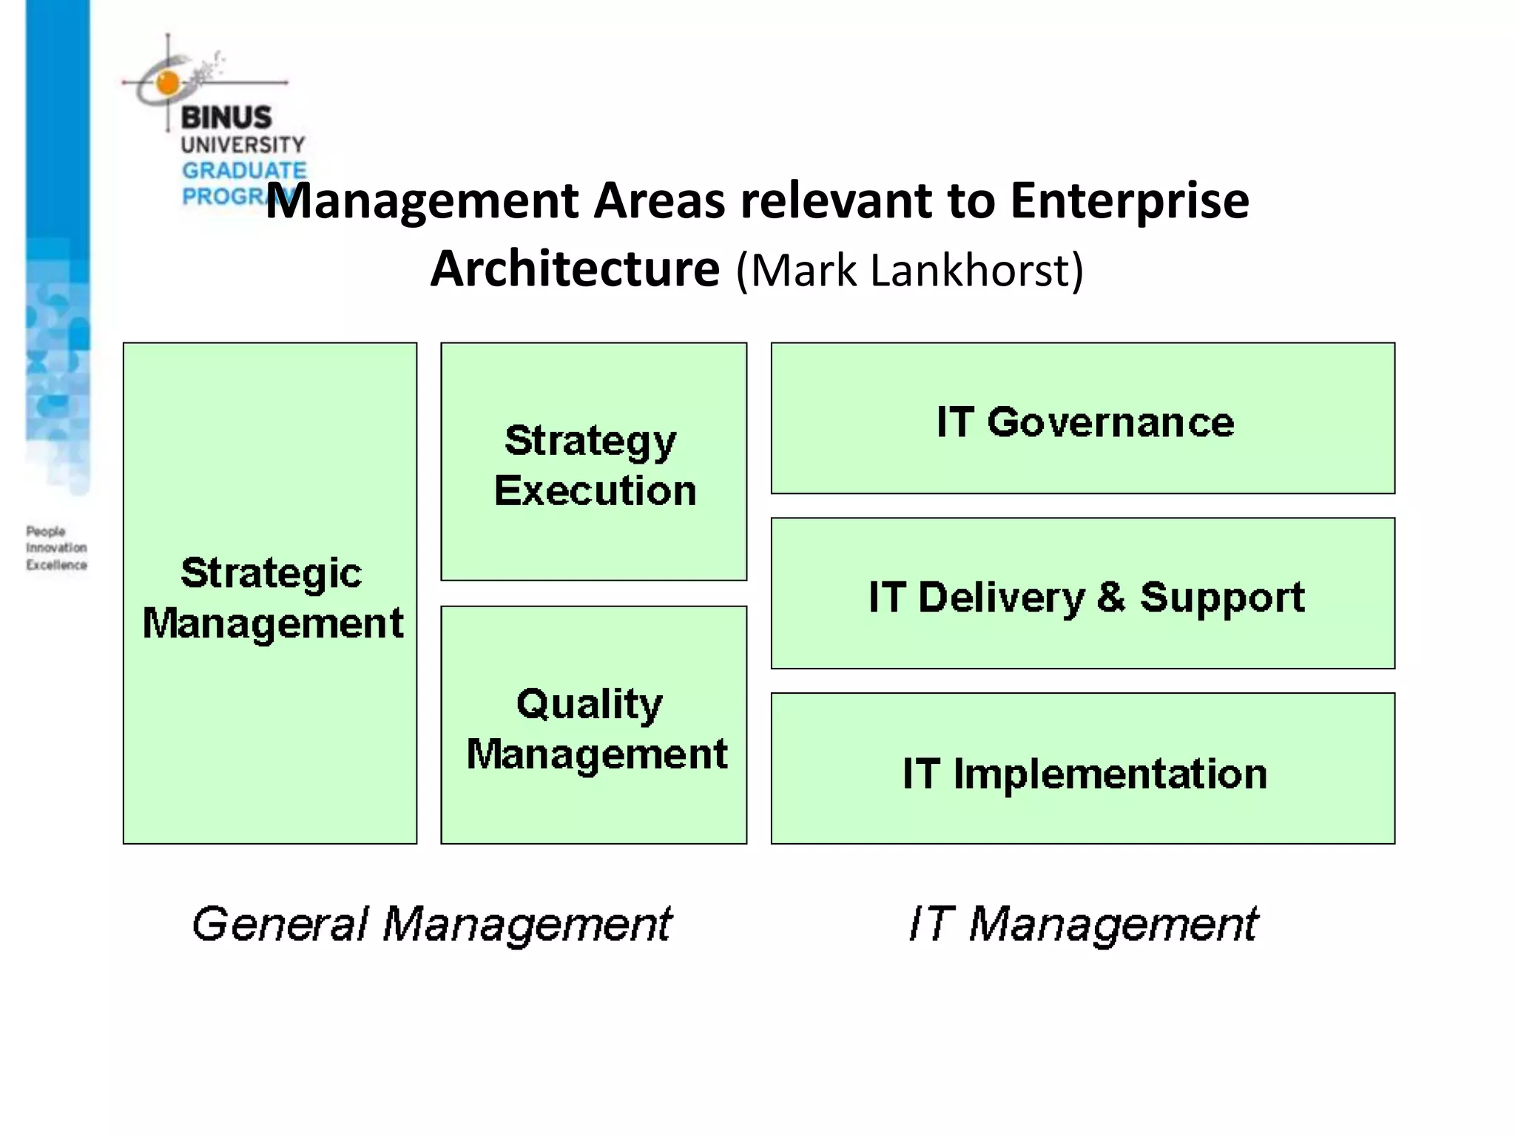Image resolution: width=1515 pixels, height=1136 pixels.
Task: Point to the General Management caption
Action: (x=432, y=924)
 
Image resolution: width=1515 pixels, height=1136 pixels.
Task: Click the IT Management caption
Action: (x=1083, y=924)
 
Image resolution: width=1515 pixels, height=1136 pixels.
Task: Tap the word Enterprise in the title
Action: (x=1129, y=201)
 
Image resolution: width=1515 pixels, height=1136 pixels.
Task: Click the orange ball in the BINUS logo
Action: (x=168, y=83)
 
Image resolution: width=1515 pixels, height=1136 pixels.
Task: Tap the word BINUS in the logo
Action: (x=226, y=117)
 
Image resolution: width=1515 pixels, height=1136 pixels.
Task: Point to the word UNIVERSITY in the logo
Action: (x=243, y=144)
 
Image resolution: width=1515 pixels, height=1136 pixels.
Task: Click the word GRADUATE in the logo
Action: (x=244, y=171)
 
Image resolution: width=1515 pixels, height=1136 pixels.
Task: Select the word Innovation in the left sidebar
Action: (x=56, y=548)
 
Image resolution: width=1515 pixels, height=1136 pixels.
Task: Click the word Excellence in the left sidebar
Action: (x=56, y=565)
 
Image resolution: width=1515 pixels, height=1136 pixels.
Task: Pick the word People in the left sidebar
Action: (x=46, y=531)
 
